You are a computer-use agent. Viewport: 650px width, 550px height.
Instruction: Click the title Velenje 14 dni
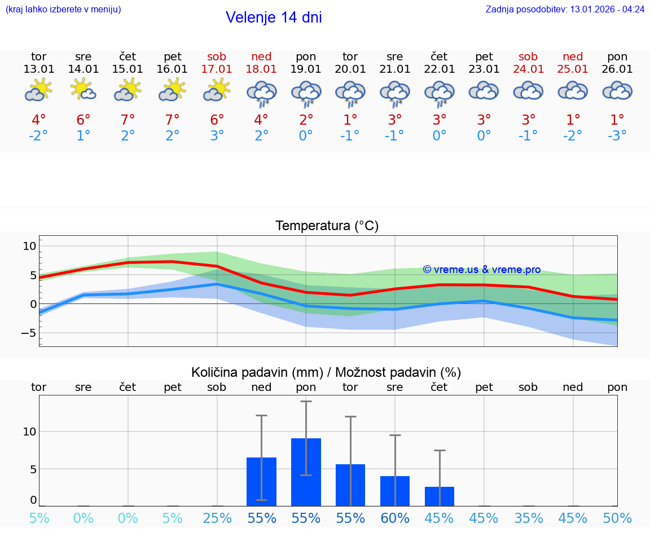point(274,17)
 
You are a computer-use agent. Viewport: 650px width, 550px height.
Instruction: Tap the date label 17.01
point(217,69)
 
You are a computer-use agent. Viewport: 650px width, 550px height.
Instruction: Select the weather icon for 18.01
point(261,93)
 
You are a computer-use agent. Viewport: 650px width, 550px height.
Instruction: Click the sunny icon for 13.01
point(39,90)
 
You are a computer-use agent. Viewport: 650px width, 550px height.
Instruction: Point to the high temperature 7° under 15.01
point(128,120)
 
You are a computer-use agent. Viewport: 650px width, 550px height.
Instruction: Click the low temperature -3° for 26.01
point(617,136)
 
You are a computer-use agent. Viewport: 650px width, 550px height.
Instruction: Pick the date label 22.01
point(439,69)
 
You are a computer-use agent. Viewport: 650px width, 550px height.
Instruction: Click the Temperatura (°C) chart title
point(327,226)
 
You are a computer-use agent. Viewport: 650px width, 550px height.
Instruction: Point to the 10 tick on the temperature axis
point(29,246)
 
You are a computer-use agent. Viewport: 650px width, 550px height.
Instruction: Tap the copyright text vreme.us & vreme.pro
point(482,270)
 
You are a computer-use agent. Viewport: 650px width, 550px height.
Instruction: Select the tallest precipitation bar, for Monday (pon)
point(306,472)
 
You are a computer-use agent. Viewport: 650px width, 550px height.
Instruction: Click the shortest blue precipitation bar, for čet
point(439,496)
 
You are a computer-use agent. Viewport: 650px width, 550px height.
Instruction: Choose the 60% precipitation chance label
point(395,518)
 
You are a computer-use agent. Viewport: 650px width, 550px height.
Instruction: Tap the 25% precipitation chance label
point(217,518)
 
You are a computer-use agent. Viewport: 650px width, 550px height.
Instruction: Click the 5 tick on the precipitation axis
point(33,469)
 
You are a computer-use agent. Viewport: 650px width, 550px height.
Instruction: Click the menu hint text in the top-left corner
point(63,10)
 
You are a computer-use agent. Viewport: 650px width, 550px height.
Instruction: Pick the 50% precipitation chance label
point(617,518)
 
